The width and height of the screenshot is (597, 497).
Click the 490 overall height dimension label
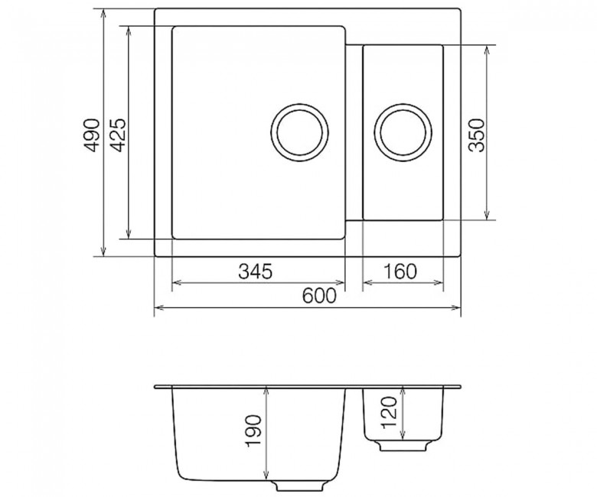coord(91,135)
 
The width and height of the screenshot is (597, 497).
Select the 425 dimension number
coord(116,135)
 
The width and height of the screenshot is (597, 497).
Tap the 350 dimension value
coord(476,135)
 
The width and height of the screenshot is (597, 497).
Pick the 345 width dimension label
coord(256,271)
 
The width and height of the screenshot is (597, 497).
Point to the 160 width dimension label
coord(400,271)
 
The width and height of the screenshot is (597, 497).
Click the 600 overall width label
coord(319,296)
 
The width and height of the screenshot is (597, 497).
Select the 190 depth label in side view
coord(253,430)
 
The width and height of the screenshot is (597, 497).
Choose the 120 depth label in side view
coord(389,412)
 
